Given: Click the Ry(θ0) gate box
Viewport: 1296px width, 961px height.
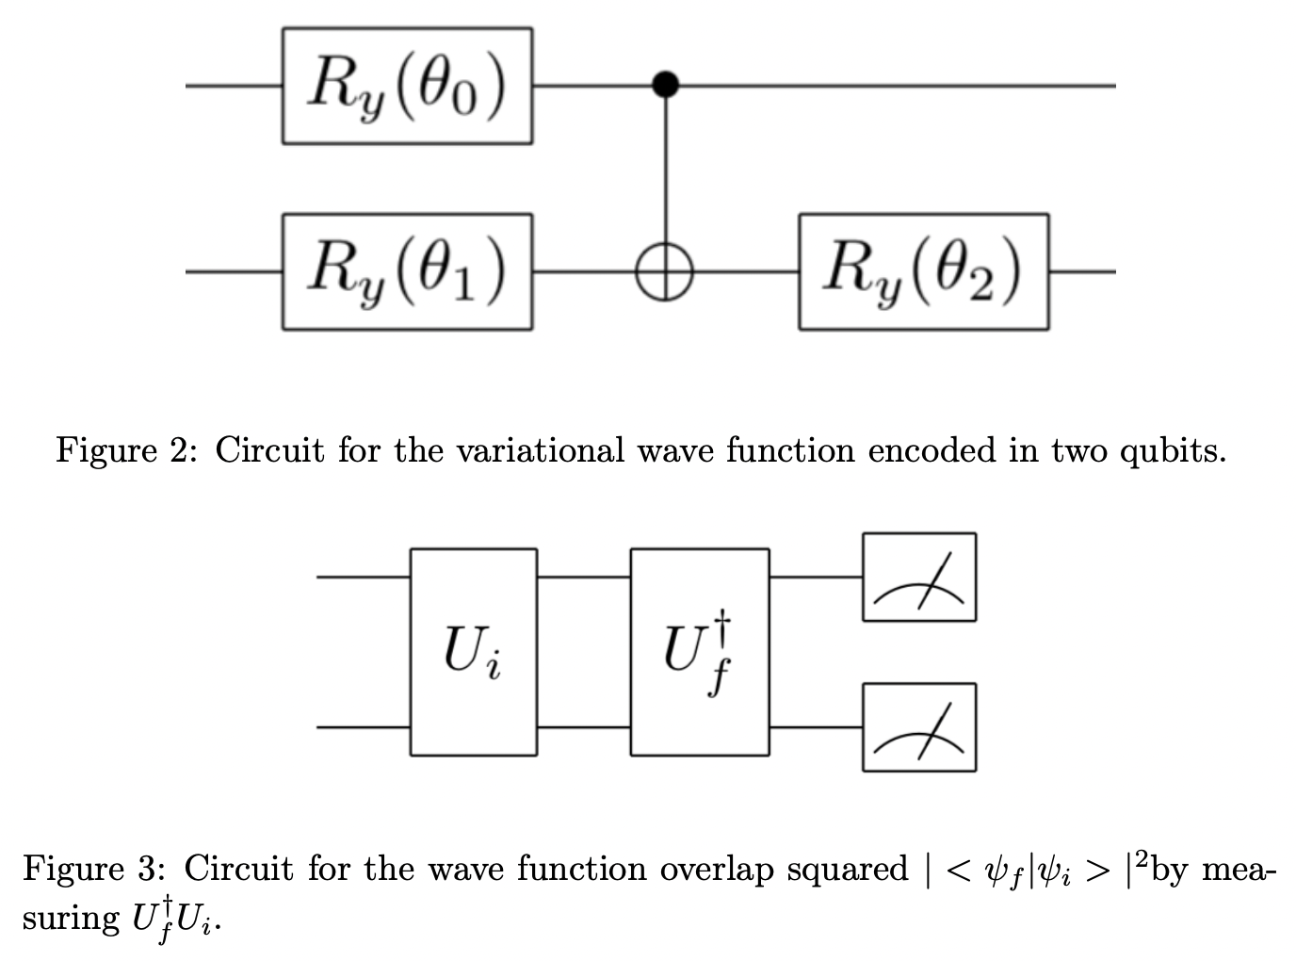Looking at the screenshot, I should point(407,86).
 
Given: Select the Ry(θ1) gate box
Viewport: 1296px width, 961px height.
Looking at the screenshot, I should point(407,271).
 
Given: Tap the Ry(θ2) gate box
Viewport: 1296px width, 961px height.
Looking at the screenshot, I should point(923,271).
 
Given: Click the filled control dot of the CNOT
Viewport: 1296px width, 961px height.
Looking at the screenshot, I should point(666,86).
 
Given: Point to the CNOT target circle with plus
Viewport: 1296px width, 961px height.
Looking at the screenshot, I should point(666,271).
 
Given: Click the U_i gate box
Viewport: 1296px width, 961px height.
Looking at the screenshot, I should point(474,652).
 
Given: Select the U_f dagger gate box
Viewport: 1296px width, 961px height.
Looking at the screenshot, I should point(699,652).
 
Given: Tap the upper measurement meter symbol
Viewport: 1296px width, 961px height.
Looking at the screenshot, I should point(919,578).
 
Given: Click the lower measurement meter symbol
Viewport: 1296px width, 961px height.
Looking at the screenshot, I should point(919,727).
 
